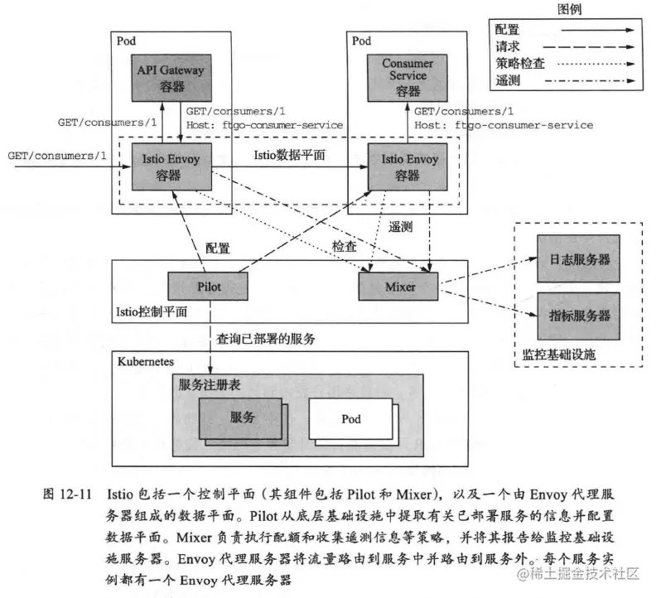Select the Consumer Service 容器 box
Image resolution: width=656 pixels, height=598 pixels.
point(408,79)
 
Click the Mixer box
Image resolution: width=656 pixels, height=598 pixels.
point(399,287)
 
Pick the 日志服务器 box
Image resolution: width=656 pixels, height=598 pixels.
point(579,260)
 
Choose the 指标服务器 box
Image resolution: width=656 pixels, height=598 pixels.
point(579,316)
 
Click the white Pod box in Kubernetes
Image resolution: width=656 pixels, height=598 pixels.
point(351,419)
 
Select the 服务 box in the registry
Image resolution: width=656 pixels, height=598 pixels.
point(241,417)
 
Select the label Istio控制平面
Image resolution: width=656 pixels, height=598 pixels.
point(152,312)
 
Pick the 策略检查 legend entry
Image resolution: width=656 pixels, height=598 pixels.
point(521,64)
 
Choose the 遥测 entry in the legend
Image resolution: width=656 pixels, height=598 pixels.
point(508,81)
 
